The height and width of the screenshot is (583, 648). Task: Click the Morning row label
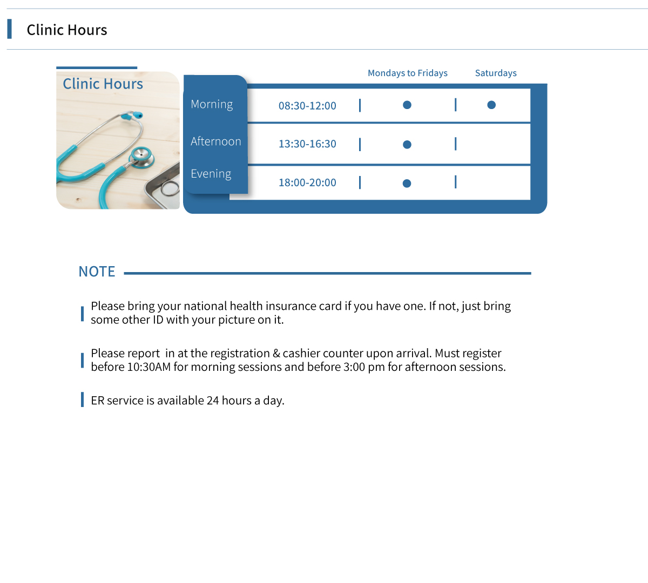point(212,104)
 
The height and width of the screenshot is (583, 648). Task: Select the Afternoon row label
point(215,141)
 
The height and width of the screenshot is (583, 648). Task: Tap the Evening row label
point(211,174)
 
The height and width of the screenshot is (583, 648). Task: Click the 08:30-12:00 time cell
point(307,106)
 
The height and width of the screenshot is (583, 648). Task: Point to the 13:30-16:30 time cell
point(307,144)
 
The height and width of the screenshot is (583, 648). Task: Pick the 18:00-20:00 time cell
point(307,183)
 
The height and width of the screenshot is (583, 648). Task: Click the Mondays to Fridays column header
point(407,73)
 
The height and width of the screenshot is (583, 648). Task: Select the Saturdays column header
point(496,73)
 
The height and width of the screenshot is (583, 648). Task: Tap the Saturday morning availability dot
point(491,105)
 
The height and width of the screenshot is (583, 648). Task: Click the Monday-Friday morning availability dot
point(407,105)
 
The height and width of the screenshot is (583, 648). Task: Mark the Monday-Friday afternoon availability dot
point(407,145)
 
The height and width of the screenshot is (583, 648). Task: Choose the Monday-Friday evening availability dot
point(407,184)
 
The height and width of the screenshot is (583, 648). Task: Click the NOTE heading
point(97,272)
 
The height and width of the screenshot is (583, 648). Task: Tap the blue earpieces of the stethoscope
point(132,116)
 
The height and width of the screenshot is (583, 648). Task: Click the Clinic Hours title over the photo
point(103,84)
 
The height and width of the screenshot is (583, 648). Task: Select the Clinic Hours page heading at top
point(67,30)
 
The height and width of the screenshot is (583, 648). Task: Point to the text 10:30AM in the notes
point(149,367)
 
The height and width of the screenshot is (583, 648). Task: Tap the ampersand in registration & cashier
point(276,354)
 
